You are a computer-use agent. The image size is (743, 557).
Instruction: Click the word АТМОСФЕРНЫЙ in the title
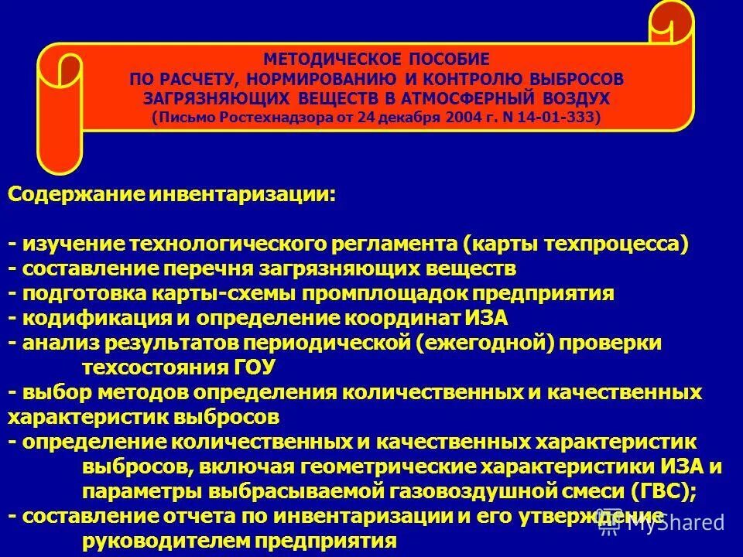(x=470, y=98)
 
